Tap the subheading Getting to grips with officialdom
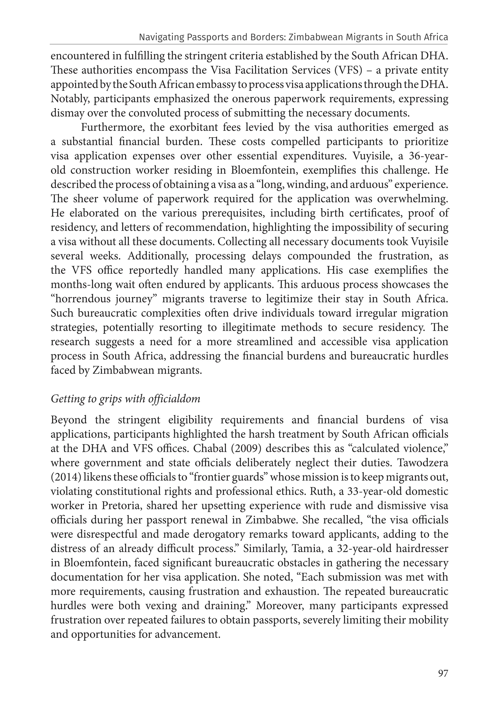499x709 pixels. pos(125,399)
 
